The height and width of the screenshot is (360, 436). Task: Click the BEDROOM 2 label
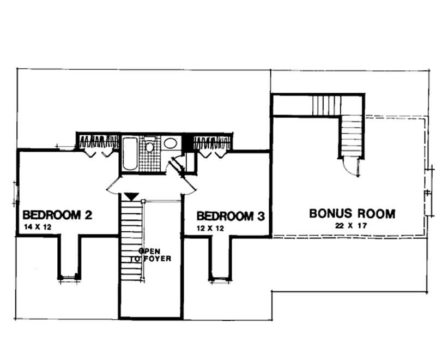[56, 215]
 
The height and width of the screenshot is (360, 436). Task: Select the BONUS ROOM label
[352, 213]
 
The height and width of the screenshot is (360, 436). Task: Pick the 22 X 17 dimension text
[352, 225]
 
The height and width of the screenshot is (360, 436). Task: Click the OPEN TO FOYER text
[155, 255]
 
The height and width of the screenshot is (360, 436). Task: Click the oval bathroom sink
[170, 144]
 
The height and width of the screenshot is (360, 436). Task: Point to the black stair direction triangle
[131, 196]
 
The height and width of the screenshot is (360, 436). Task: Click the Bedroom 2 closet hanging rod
[98, 143]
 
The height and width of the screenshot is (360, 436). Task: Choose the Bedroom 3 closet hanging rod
[212, 143]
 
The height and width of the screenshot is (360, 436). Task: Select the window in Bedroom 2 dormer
[69, 278]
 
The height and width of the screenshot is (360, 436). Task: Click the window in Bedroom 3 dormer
[220, 279]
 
